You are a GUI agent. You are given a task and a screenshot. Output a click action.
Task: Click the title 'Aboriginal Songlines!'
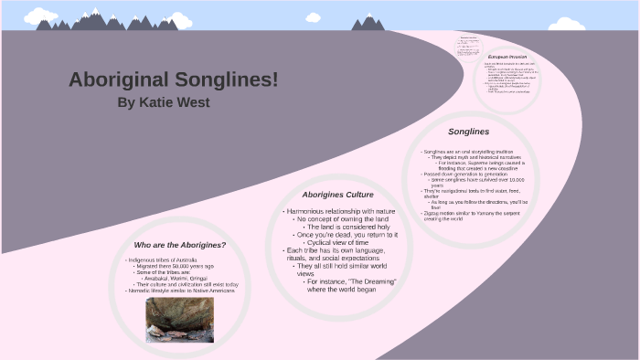(173, 79)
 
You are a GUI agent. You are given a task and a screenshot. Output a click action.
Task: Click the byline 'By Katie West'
(164, 102)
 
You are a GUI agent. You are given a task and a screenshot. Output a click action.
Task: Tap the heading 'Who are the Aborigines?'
(179, 245)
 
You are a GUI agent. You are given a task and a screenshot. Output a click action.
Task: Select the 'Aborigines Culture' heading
(338, 195)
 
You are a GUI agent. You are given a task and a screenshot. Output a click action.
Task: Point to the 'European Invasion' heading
(508, 57)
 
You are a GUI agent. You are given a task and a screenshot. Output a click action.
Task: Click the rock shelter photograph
(179, 318)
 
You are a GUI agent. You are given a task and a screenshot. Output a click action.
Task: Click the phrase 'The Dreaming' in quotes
(373, 281)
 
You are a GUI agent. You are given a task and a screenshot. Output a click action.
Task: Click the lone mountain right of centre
(368, 22)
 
